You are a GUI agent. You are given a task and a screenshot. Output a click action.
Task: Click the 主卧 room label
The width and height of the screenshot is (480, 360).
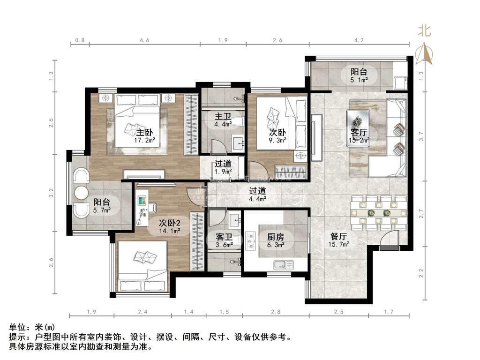coord(144,133)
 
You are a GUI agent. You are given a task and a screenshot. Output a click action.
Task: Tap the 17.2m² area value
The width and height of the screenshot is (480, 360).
coord(144,140)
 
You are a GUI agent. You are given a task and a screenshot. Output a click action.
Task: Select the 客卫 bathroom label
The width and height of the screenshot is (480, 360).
coord(224,237)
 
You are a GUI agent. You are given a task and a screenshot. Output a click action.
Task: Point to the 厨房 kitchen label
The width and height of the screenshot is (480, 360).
coord(276,237)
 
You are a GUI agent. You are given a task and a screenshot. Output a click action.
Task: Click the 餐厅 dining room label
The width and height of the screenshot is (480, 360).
coord(338,237)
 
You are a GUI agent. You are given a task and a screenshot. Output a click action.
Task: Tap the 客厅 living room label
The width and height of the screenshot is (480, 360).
coord(359,133)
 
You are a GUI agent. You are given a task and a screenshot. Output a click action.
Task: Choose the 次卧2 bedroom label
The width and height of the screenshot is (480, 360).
coord(170,223)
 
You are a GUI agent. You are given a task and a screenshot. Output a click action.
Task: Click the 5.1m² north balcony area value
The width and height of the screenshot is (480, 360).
coord(359,80)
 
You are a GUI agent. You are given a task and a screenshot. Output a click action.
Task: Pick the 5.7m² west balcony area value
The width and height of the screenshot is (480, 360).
coord(102,210)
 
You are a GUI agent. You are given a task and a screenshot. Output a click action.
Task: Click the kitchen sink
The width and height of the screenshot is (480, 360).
coord(284,265)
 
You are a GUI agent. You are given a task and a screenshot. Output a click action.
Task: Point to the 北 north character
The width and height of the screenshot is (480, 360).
coord(425,30)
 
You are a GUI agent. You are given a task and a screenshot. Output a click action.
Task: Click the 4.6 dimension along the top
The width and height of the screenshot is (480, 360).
coord(144,40)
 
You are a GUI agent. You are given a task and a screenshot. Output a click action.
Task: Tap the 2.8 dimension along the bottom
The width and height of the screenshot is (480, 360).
coord(276,312)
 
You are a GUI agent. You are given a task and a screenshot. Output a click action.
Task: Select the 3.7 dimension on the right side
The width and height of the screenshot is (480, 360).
coord(421,136)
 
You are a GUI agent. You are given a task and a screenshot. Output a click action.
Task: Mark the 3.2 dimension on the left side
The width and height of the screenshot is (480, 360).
coord(51,193)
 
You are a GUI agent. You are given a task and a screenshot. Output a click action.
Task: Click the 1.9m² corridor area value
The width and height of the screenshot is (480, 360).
coord(223,172)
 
